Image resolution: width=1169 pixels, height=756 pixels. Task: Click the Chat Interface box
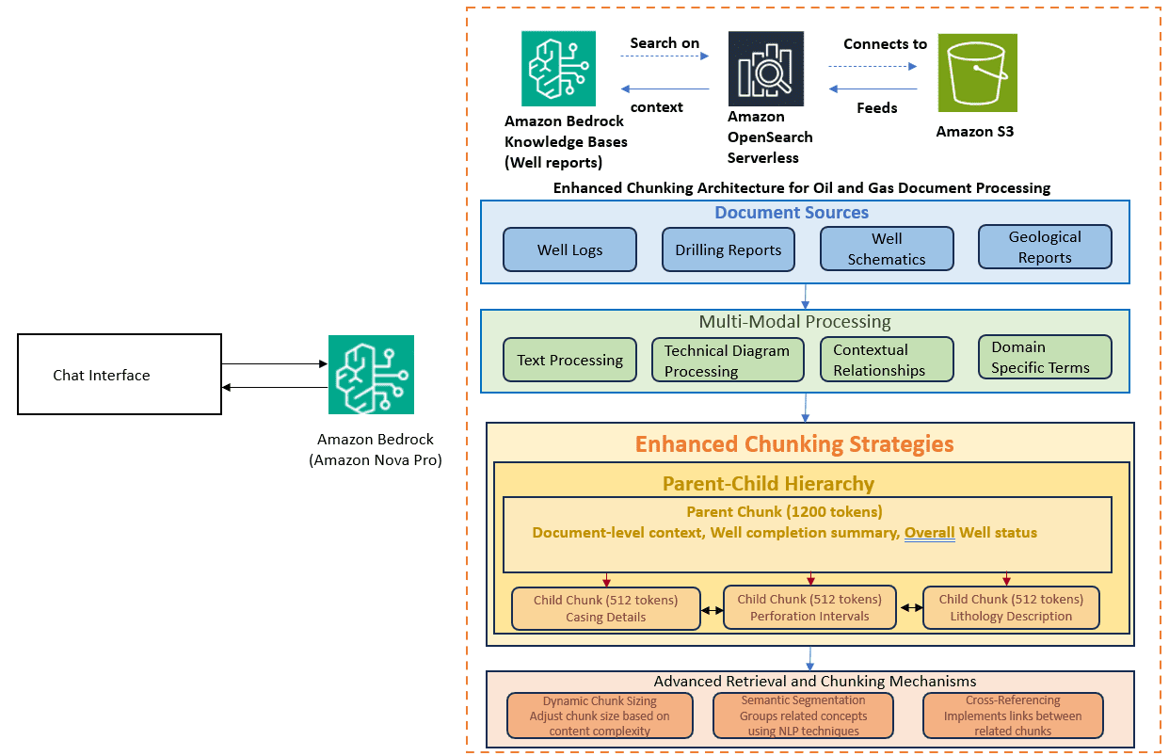(x=120, y=374)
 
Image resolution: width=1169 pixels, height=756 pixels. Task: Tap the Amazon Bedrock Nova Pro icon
(x=371, y=375)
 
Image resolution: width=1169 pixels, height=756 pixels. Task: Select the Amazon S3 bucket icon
(x=977, y=73)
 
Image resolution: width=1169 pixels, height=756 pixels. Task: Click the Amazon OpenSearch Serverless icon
(x=766, y=69)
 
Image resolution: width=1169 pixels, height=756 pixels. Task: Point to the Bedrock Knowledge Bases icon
(x=558, y=69)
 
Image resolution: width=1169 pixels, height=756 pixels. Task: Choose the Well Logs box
(x=569, y=249)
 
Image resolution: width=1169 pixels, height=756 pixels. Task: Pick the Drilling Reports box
(x=728, y=249)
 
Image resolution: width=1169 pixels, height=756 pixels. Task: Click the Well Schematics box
(x=886, y=249)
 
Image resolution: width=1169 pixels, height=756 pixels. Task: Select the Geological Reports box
(x=1045, y=248)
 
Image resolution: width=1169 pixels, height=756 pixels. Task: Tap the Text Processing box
(x=569, y=360)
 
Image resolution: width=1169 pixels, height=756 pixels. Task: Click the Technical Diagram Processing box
(x=728, y=361)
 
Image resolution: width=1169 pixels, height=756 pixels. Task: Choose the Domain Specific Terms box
(x=1045, y=357)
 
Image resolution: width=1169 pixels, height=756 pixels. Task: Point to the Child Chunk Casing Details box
(x=606, y=608)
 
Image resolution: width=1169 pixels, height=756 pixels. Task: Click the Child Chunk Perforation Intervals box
(x=809, y=607)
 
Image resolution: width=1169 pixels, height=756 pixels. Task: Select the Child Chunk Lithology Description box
(x=1011, y=607)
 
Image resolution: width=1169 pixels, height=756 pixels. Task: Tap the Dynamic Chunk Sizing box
(x=600, y=716)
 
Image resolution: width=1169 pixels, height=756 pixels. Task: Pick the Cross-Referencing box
(x=1013, y=716)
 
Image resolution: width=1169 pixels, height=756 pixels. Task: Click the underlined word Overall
(x=929, y=533)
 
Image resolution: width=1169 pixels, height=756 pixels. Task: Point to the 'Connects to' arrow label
(x=885, y=44)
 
